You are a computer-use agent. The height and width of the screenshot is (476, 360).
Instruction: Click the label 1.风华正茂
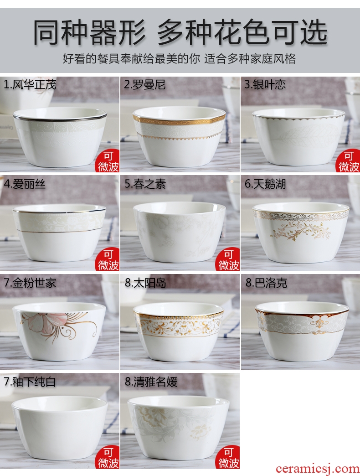pos(30,84)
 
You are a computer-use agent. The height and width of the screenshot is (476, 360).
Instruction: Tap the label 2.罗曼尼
pos(144,84)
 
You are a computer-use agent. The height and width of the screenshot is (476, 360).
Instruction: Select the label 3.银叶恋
pos(265,84)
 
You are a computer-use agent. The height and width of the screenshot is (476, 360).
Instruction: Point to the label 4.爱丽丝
pos(25,184)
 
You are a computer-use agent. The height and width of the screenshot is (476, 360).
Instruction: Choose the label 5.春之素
pos(145,184)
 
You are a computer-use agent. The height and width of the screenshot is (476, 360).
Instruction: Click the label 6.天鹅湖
pos(265,184)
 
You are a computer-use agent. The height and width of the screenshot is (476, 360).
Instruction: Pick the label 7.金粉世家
pos(30,283)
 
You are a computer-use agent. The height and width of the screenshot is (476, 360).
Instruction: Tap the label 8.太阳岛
pos(145,283)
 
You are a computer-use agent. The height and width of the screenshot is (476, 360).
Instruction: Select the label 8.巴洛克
pos(266,283)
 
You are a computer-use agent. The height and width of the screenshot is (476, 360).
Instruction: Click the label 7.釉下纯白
pos(30,382)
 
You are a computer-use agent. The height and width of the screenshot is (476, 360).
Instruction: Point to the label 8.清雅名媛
pos(151,382)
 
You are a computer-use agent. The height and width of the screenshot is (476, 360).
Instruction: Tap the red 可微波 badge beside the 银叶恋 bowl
pos(349,161)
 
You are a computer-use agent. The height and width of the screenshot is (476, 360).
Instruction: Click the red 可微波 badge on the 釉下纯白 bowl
pos(108,458)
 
